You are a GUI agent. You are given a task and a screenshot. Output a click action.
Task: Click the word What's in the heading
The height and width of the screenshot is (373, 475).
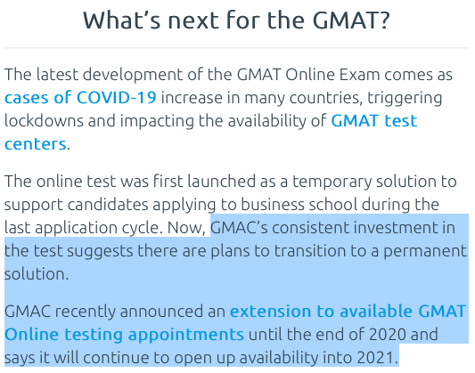tap(122, 20)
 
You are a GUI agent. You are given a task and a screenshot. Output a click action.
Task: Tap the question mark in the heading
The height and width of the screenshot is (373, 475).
tap(384, 20)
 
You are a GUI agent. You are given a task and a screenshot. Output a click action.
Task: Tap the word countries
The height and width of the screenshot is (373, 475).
tap(326, 98)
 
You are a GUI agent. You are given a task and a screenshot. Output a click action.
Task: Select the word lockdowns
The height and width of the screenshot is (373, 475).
tap(44, 120)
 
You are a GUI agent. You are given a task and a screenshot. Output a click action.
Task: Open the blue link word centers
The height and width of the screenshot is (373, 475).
tap(35, 144)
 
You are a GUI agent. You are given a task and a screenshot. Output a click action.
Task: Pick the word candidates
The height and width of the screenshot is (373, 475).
tap(108, 205)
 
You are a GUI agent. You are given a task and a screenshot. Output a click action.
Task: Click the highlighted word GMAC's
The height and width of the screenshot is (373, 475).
tap(240, 228)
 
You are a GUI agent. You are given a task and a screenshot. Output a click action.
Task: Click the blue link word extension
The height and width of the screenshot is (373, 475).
tap(271, 312)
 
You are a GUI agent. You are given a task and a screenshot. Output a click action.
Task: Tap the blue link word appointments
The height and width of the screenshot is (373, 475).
tap(186, 336)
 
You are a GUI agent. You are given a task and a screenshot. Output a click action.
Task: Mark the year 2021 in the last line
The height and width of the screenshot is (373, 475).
tap(378, 358)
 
